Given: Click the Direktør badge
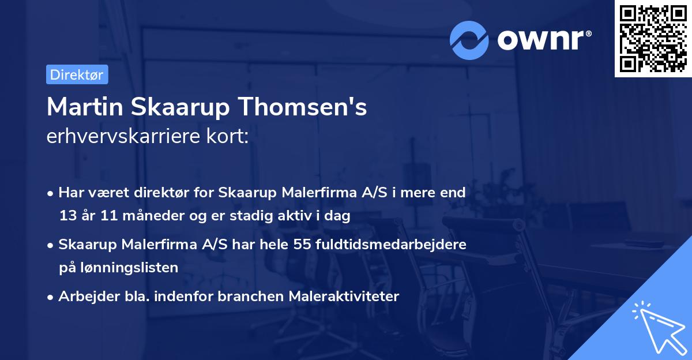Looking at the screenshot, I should pyautogui.click(x=77, y=74).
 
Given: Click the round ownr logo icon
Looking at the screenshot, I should pyautogui.click(x=469, y=40).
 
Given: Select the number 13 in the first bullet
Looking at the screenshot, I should pyautogui.click(x=66, y=216).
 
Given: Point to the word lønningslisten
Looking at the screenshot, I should pyautogui.click(x=126, y=267).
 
